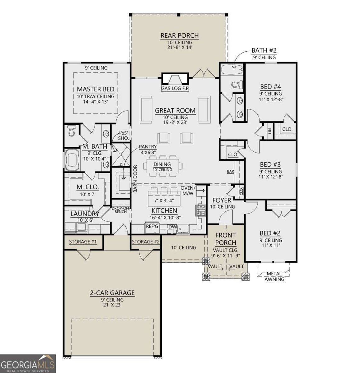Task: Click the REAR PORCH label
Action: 180,35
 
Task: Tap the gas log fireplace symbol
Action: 175,79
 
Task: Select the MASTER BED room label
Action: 96,89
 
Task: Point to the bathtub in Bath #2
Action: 232,69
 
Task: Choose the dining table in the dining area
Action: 162,166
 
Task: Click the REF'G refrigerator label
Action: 152,227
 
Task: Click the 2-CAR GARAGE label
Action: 112,292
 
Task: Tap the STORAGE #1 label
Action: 83,242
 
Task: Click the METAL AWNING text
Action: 274,276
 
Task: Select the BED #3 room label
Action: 271,164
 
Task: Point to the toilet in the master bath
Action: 72,131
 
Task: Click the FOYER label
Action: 222,200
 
